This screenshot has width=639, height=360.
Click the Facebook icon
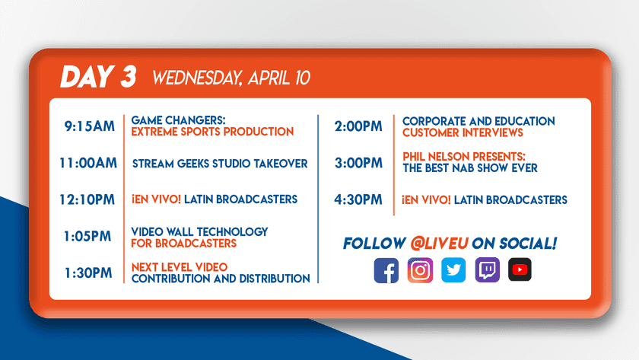click(386, 270)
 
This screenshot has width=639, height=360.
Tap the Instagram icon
click(420, 270)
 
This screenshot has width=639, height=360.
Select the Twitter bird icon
click(453, 270)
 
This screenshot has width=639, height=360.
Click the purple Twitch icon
click(488, 270)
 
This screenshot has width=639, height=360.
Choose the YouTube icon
click(520, 269)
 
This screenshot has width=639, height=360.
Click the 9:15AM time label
click(90, 126)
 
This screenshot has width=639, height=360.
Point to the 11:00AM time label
click(88, 163)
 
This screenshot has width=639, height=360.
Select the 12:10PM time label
click(87, 199)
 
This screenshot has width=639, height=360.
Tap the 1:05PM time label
click(87, 237)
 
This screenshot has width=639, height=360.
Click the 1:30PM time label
click(88, 272)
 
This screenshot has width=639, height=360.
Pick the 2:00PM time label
click(358, 126)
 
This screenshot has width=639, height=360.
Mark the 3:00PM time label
click(358, 163)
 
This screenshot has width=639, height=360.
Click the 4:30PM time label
click(358, 199)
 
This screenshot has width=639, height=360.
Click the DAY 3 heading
click(98, 77)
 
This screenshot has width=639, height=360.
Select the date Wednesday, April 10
click(231, 78)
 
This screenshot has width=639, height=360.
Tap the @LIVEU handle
click(440, 244)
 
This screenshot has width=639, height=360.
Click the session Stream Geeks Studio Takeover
click(220, 164)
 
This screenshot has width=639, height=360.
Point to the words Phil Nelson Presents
click(464, 157)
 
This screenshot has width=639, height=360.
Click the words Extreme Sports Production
click(212, 132)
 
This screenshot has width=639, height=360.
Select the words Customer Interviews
click(463, 132)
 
